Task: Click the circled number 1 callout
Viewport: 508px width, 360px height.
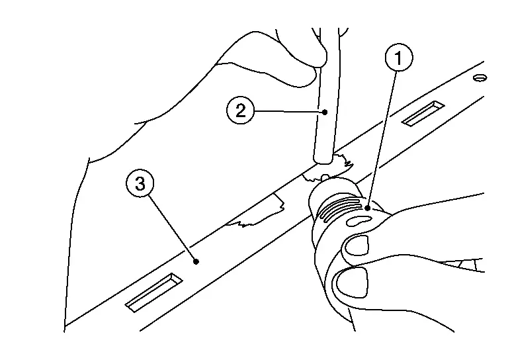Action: pos(399,58)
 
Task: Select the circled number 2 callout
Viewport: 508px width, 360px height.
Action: pos(240,111)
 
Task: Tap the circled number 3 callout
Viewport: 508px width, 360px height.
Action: pos(140,184)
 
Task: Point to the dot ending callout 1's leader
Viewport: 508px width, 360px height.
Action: pos(367,208)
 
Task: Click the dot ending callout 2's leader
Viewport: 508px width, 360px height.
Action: pos(325,112)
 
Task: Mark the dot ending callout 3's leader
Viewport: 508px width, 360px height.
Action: pos(196,261)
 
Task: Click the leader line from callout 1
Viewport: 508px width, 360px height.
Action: pos(382,140)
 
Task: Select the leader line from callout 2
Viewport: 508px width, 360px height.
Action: pos(290,111)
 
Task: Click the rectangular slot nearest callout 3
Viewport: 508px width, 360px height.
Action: pos(153,292)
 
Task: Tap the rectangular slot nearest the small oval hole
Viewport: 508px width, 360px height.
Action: pos(423,113)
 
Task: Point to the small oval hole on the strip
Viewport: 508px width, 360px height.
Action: pos(480,78)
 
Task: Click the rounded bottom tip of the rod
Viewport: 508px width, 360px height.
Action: pos(323,160)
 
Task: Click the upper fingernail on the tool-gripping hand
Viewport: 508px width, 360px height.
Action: pos(357,245)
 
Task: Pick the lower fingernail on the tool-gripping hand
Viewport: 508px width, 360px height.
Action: pos(352,282)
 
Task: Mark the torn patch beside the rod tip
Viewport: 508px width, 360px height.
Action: pos(327,168)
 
